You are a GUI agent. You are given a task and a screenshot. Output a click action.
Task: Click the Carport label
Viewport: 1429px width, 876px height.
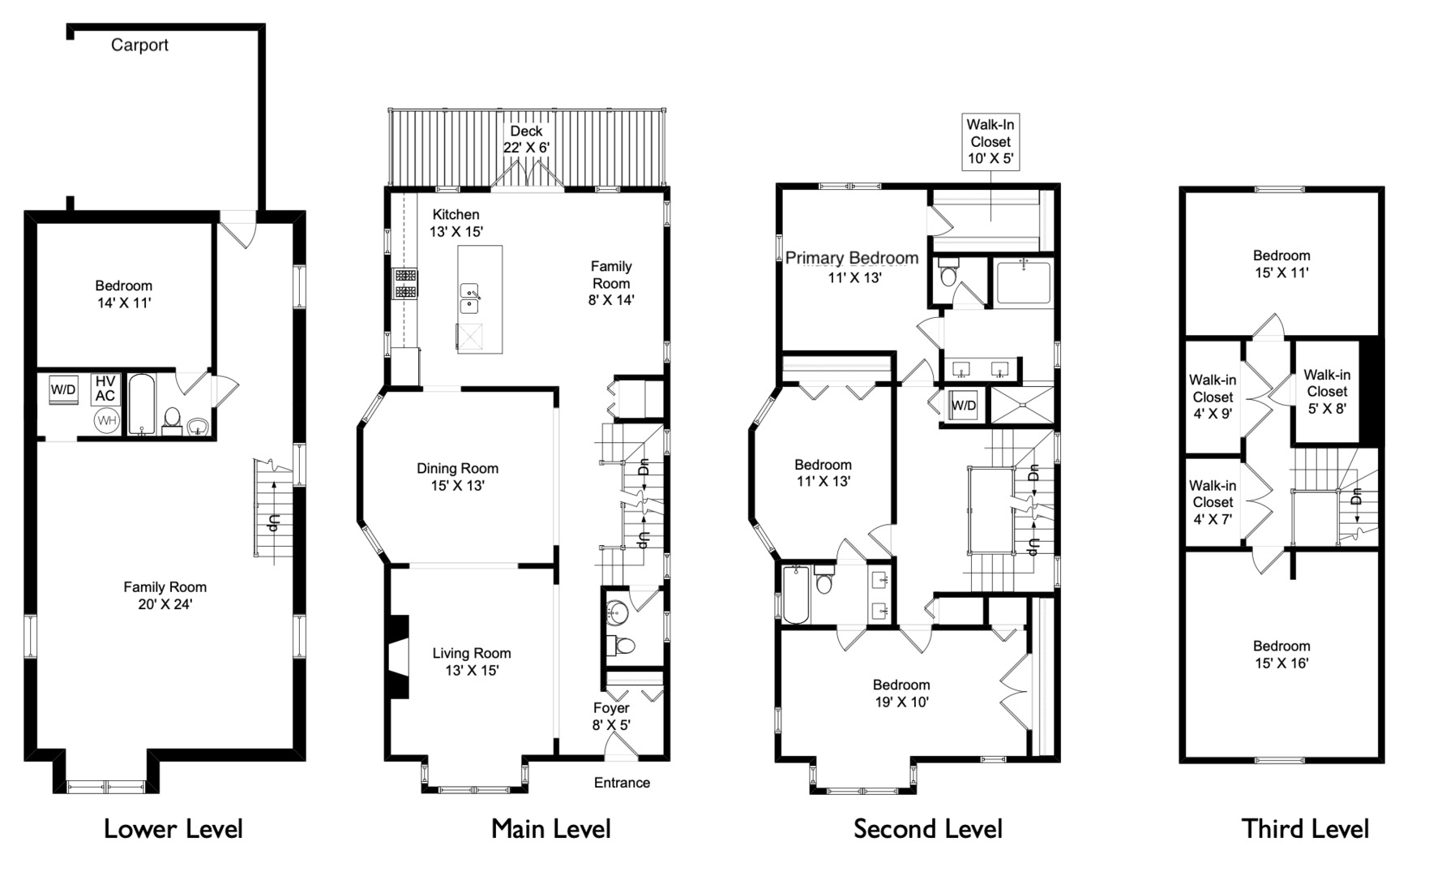click(139, 45)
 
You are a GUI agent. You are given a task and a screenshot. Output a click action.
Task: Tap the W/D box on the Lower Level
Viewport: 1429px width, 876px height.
click(63, 390)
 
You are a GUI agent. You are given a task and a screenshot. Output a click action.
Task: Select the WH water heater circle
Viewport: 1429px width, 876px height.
click(106, 420)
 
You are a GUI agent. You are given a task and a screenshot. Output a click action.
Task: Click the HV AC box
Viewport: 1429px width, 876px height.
click(105, 389)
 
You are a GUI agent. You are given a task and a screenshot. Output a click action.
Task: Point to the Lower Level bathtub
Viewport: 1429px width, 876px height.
click(141, 405)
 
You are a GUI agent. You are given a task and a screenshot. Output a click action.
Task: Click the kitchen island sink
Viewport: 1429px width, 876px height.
click(470, 298)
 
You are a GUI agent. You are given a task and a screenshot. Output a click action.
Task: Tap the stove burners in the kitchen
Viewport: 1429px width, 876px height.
click(405, 283)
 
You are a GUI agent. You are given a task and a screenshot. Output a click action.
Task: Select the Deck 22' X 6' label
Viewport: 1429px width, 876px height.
click(526, 140)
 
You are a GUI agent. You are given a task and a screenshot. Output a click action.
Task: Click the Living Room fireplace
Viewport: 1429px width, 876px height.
click(397, 655)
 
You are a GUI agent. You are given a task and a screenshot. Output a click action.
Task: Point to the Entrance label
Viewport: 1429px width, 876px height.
click(622, 783)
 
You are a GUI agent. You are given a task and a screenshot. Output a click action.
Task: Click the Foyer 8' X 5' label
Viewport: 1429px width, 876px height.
click(611, 716)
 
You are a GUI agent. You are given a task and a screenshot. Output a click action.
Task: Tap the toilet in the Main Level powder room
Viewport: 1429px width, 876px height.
click(623, 646)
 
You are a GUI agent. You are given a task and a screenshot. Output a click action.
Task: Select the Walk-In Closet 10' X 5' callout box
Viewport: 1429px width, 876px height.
click(990, 142)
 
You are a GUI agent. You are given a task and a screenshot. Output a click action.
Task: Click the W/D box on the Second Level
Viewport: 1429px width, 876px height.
click(963, 405)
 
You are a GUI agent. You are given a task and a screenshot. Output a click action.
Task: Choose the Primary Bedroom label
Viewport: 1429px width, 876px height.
click(852, 259)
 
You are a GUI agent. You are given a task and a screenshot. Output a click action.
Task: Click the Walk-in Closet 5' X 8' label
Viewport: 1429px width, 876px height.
click(1327, 392)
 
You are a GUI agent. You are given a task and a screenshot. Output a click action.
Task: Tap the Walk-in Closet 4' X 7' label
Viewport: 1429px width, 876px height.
click(1213, 502)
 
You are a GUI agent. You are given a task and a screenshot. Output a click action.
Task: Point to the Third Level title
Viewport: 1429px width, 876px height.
click(1305, 829)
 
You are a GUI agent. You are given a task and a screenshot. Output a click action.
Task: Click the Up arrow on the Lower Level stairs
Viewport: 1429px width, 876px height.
click(275, 519)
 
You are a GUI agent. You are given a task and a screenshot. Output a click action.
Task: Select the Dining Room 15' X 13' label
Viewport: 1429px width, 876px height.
click(457, 477)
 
